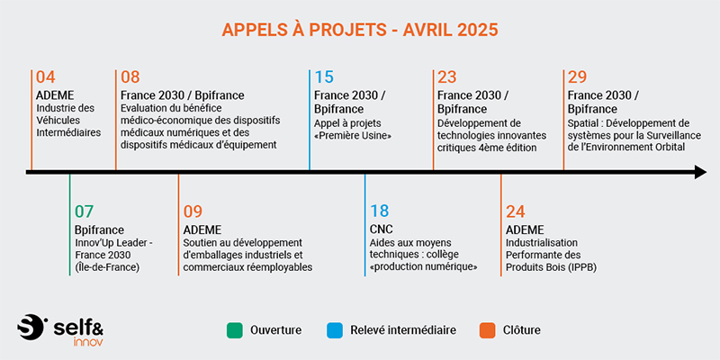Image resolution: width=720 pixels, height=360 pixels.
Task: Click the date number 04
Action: click(x=46, y=77)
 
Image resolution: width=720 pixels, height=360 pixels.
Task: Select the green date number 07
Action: click(x=84, y=211)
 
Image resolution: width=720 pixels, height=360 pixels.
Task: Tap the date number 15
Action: click(x=324, y=77)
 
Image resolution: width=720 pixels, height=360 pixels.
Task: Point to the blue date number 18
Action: click(x=379, y=211)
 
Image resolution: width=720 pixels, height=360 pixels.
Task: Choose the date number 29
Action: click(x=577, y=77)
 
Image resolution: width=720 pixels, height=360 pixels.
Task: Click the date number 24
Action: click(x=515, y=211)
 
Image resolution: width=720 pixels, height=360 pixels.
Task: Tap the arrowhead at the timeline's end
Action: click(x=701, y=172)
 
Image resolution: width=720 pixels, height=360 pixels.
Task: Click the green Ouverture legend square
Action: click(x=235, y=330)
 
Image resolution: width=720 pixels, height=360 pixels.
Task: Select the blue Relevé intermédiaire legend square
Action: click(x=335, y=330)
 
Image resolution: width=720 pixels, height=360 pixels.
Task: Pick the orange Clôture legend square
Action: click(x=487, y=330)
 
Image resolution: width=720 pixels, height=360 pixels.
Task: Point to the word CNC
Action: click(x=381, y=229)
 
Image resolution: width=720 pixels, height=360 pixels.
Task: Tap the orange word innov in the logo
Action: click(x=88, y=342)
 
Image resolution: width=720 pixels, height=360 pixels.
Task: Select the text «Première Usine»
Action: click(x=353, y=137)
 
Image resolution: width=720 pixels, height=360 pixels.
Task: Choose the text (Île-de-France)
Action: click(x=106, y=267)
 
